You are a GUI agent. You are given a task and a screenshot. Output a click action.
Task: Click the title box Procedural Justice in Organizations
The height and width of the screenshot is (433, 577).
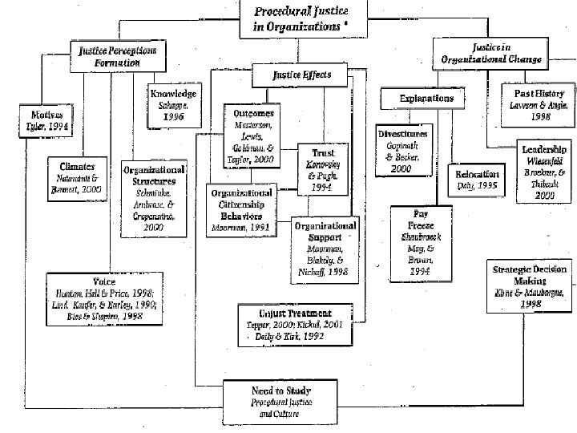point(304,18)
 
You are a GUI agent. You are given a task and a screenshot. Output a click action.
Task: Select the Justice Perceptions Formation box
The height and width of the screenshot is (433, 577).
point(117,56)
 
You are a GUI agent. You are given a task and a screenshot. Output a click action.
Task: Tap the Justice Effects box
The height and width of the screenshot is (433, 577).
point(302,76)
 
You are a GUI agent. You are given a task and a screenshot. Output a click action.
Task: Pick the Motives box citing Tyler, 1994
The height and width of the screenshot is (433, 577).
point(34,119)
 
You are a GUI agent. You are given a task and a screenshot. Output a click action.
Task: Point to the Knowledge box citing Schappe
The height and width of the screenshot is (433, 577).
point(172,105)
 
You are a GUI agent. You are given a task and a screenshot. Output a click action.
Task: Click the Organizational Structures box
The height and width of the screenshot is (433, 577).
point(154,198)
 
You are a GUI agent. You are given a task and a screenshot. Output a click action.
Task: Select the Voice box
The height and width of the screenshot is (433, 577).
point(104,299)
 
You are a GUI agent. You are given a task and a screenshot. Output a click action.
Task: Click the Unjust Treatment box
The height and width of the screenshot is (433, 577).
point(296,324)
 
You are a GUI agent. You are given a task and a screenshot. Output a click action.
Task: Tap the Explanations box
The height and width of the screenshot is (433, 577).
point(426,99)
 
